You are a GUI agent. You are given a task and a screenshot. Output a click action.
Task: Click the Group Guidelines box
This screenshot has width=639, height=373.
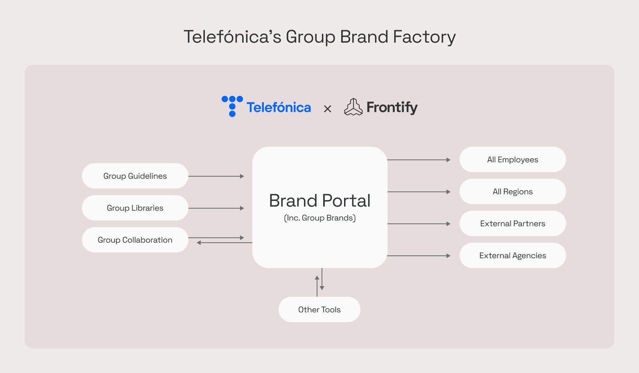(x=135, y=176)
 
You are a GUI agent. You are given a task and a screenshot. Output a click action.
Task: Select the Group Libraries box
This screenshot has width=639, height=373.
(x=135, y=208)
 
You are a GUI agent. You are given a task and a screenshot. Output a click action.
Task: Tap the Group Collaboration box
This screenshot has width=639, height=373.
(x=135, y=240)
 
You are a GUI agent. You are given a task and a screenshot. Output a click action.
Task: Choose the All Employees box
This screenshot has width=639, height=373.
(x=512, y=159)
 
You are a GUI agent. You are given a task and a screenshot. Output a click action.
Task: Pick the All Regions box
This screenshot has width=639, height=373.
(x=512, y=191)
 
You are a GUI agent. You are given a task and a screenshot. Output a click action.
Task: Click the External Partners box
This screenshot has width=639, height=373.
(x=512, y=223)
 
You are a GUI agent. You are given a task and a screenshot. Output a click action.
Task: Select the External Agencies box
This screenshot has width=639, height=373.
(x=512, y=255)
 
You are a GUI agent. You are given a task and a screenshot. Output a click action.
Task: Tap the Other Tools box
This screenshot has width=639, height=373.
(x=319, y=309)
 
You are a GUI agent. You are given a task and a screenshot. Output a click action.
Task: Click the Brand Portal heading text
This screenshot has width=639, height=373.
(x=319, y=201)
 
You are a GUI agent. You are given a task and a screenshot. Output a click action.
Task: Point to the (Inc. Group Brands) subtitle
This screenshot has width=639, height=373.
(x=319, y=218)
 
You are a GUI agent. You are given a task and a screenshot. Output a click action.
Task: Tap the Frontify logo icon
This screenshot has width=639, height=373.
(x=353, y=107)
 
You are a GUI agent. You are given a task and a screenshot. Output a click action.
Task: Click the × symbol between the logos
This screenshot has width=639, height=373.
(x=327, y=109)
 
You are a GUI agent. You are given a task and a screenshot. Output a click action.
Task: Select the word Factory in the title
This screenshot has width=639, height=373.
(x=424, y=37)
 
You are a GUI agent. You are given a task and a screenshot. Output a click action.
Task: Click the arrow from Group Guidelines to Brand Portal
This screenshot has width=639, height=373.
(x=216, y=176)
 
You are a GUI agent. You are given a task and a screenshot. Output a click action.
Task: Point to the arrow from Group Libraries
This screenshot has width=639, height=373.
(x=216, y=208)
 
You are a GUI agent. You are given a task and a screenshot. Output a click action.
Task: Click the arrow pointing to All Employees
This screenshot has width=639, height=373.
(x=419, y=160)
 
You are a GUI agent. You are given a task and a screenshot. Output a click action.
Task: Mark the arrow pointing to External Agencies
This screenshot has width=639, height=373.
(x=419, y=256)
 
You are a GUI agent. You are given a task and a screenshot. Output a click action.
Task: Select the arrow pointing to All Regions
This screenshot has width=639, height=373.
(x=419, y=192)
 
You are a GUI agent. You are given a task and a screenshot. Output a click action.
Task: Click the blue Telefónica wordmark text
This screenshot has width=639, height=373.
(x=279, y=107)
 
